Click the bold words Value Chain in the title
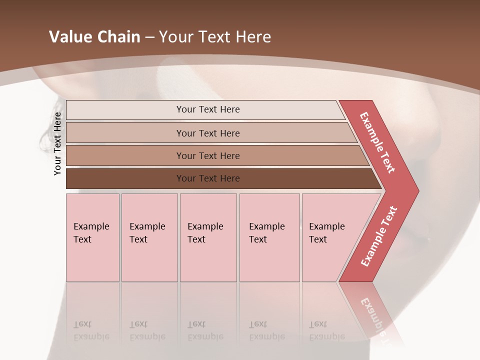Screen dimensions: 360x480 pyautogui.click(x=94, y=37)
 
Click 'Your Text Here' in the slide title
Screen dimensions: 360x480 pyautogui.click(x=215, y=37)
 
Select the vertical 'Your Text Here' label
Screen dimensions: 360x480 pyautogui.click(x=58, y=143)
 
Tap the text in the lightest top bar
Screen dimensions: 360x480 pyautogui.click(x=208, y=109)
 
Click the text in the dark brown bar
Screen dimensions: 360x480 pyautogui.click(x=208, y=178)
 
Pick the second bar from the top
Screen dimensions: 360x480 pyautogui.click(x=208, y=133)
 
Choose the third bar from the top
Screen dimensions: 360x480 pyautogui.click(x=208, y=156)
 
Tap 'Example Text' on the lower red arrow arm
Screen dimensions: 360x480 pyautogui.click(x=379, y=236)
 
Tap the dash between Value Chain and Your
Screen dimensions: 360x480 pyautogui.click(x=149, y=37)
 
